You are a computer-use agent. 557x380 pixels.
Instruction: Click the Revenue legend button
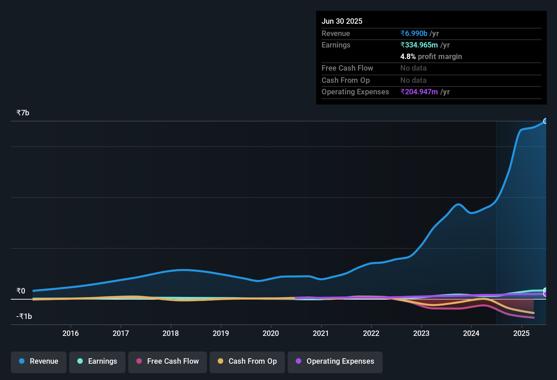39,361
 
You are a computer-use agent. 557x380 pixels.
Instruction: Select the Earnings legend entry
97,361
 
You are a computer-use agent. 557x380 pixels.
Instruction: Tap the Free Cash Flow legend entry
168,361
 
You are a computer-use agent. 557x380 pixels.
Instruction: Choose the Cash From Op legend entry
247,361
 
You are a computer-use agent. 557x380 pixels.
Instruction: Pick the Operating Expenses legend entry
335,361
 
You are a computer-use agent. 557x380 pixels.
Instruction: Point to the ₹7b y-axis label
23,113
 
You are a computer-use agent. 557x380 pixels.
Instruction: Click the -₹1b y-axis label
24,317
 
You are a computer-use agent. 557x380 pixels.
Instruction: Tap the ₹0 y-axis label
21,291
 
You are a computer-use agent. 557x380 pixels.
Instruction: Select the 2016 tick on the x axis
71,334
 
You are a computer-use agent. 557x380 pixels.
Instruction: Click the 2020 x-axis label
271,334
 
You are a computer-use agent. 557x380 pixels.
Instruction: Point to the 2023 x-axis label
421,334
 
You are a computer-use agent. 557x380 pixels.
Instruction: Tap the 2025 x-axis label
521,334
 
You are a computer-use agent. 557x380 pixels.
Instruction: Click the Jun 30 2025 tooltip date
342,21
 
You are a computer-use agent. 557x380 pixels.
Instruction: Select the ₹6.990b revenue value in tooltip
414,34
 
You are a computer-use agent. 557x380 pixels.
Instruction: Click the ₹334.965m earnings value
419,45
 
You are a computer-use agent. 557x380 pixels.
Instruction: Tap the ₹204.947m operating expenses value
419,92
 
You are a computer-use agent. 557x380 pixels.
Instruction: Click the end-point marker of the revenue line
545,121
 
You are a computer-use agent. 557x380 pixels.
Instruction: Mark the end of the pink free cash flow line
534,318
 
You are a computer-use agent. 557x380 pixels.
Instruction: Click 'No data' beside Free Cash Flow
414,68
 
